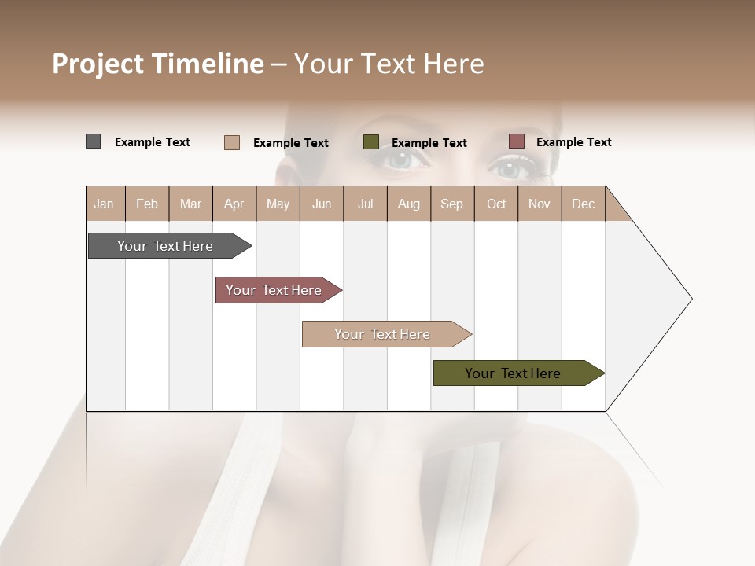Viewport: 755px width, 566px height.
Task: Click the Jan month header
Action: click(105, 204)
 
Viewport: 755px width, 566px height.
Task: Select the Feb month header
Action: click(147, 204)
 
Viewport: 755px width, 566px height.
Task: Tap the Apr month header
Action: click(234, 204)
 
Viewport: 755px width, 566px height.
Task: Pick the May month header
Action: click(278, 204)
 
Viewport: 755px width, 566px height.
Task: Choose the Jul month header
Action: click(365, 204)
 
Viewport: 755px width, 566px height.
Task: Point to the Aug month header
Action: click(409, 204)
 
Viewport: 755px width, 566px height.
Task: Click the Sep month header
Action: click(452, 204)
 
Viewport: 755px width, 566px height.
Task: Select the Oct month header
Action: click(496, 204)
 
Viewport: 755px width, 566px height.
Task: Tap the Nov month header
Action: click(540, 204)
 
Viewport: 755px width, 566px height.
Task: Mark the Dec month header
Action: click(584, 204)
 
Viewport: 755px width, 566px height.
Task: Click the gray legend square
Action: click(94, 141)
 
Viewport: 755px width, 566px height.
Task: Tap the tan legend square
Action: click(232, 142)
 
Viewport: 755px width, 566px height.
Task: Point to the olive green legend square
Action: click(371, 142)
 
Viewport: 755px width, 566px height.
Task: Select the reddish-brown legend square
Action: click(517, 141)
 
